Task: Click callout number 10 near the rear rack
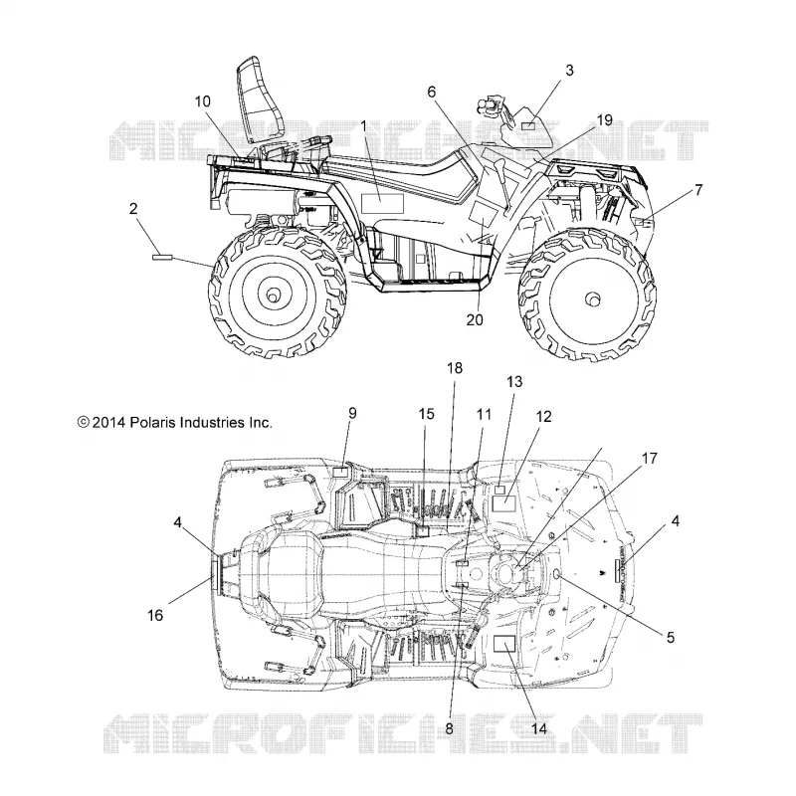pyautogui.click(x=203, y=101)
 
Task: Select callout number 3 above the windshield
pyautogui.click(x=569, y=70)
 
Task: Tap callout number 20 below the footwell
pyautogui.click(x=475, y=319)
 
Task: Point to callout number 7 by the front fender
pyautogui.click(x=698, y=190)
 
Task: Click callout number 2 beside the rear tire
pyautogui.click(x=133, y=208)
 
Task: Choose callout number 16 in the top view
pyautogui.click(x=155, y=615)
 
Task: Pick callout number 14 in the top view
pyautogui.click(x=539, y=728)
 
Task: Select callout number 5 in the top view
pyautogui.click(x=670, y=637)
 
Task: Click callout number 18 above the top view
pyautogui.click(x=455, y=368)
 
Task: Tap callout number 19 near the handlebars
pyautogui.click(x=605, y=120)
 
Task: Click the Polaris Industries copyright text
pyautogui.click(x=175, y=422)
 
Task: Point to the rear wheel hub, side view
pyautogui.click(x=273, y=294)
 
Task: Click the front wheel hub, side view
pyautogui.click(x=592, y=299)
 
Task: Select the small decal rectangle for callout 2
pyautogui.click(x=162, y=258)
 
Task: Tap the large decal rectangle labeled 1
pyautogui.click(x=382, y=204)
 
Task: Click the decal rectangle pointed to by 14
pyautogui.click(x=504, y=644)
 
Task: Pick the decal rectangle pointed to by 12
pyautogui.click(x=504, y=504)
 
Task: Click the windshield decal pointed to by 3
pyautogui.click(x=528, y=126)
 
